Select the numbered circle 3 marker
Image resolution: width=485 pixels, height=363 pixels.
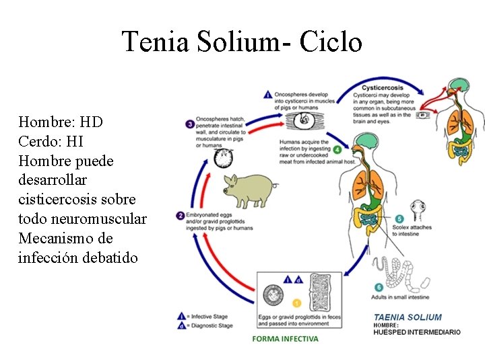tap(191, 124)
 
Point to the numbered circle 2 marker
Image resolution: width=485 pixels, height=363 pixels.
tap(181, 216)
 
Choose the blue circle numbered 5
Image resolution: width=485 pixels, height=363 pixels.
tap(399, 218)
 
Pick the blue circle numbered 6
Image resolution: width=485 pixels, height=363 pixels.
tap(379, 287)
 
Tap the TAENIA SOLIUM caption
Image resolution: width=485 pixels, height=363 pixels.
tap(408, 317)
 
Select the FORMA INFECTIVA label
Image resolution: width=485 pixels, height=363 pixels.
tap(285, 339)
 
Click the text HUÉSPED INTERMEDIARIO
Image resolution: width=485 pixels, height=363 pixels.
tap(417, 332)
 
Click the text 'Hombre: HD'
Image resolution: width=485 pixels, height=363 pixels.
tap(61, 122)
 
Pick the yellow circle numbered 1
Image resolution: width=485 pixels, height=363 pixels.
tap(297, 304)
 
